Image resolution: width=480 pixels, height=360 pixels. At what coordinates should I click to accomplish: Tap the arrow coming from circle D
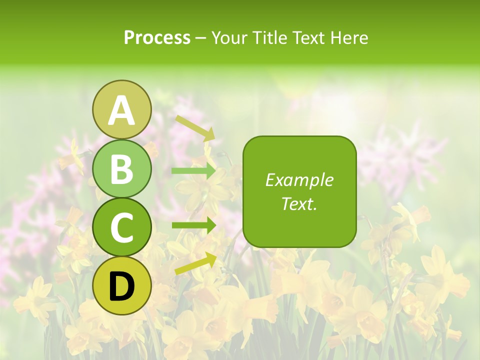click(x=195, y=263)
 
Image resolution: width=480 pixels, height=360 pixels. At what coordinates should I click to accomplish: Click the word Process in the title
click(x=157, y=38)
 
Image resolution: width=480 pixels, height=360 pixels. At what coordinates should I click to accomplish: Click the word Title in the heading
click(x=268, y=38)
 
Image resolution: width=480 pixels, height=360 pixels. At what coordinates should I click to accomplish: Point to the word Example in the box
click(x=299, y=180)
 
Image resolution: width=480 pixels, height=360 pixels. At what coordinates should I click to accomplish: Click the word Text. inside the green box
click(x=299, y=203)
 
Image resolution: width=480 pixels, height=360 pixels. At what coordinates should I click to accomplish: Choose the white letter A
click(x=122, y=110)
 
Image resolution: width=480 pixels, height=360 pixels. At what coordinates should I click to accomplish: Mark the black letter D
click(x=122, y=286)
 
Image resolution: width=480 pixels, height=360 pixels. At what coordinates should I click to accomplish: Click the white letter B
click(x=122, y=169)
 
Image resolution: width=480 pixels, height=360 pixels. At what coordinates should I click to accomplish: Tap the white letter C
click(x=122, y=228)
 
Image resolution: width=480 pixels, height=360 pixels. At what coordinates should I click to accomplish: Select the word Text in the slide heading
click(x=308, y=38)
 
